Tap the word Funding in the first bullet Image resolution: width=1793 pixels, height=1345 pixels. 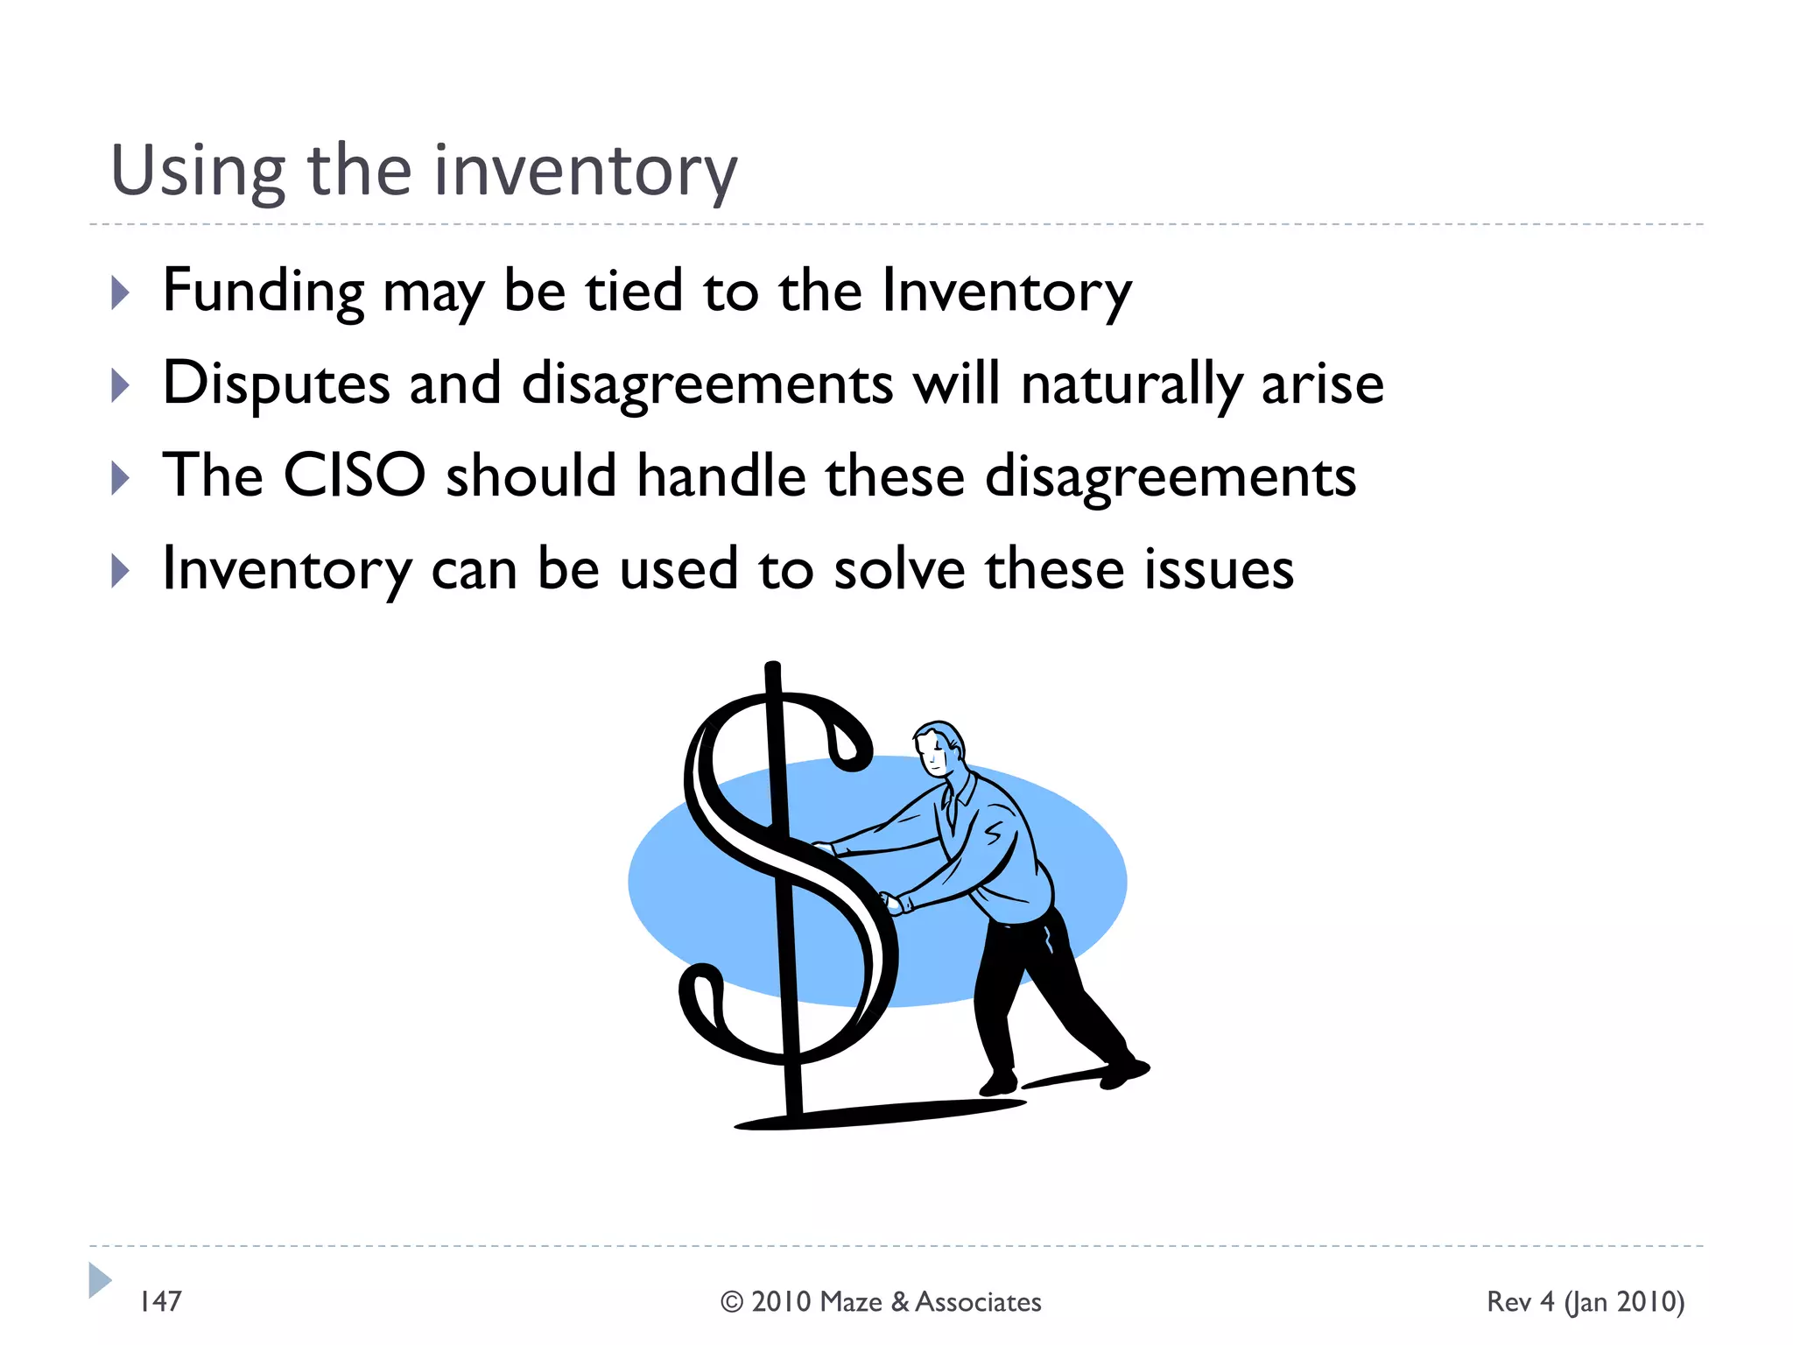tap(264, 292)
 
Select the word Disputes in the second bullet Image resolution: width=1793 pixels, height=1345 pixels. tap(276, 385)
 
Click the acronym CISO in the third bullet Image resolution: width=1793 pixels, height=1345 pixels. tap(355, 476)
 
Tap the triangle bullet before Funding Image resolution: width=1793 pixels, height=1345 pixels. tap(120, 292)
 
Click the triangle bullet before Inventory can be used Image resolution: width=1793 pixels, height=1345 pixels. tap(120, 571)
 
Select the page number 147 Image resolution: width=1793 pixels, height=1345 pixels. tap(161, 1301)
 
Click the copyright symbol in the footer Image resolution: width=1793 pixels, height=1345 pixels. tap(731, 1302)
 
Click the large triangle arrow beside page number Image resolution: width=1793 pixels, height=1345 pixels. tap(99, 1280)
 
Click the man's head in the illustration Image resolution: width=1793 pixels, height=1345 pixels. tap(939, 747)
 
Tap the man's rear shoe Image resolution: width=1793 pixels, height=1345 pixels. tap(1124, 1070)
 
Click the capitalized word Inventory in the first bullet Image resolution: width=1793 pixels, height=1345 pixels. tap(1007, 292)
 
